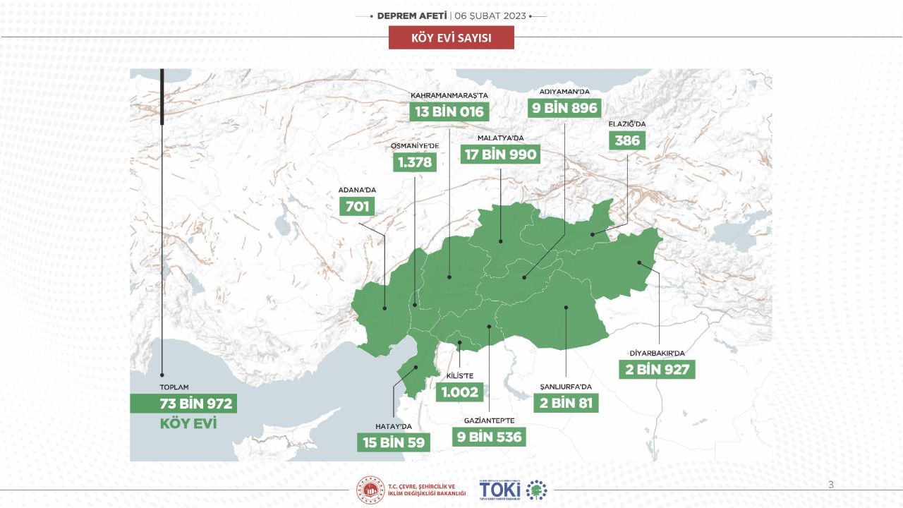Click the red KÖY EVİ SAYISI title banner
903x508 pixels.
[451, 37]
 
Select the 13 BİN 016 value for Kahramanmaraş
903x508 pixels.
[449, 111]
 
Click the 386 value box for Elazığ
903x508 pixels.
[626, 140]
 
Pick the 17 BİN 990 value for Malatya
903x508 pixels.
[500, 155]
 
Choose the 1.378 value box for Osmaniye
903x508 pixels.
[414, 162]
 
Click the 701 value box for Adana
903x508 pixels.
[357, 206]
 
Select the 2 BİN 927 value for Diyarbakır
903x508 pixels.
[657, 369]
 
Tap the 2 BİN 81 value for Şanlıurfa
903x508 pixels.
[566, 403]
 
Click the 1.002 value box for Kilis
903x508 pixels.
[460, 392]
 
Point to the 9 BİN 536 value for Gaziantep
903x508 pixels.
[490, 437]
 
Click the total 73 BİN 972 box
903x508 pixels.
[183, 404]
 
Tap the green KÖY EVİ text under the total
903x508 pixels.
[188, 424]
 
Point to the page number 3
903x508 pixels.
[830, 484]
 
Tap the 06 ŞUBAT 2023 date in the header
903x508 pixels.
[490, 15]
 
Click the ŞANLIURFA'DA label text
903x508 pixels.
[564, 386]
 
